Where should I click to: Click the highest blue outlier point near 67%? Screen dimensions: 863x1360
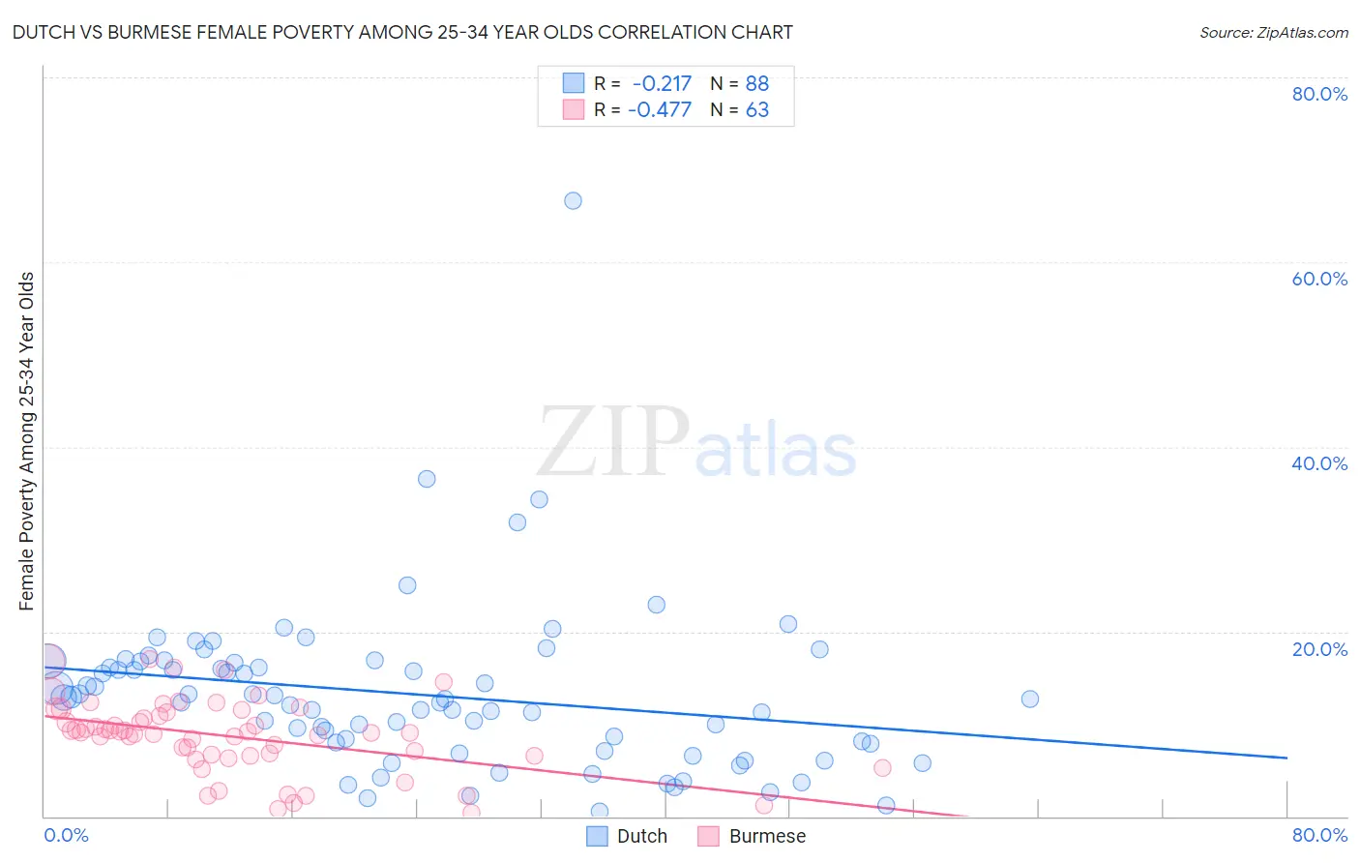573,201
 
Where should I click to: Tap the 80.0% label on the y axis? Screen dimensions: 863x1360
1319,94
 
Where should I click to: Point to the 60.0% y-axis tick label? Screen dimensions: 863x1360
1319,279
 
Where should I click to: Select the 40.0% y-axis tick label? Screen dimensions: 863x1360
1319,463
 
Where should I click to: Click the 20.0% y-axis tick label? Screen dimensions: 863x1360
1319,649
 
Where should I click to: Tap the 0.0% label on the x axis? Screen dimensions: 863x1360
66,835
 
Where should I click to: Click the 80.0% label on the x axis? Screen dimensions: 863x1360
1319,835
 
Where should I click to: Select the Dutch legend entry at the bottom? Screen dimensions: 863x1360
641,836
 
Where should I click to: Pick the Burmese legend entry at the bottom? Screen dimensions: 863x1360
766,836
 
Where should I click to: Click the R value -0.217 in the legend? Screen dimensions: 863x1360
662,84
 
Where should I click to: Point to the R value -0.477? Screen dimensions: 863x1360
660,110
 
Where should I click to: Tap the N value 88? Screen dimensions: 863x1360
756,84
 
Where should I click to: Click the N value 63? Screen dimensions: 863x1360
756,110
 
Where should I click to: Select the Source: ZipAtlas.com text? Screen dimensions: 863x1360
1273,33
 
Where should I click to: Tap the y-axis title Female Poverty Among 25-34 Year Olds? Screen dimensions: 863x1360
27,441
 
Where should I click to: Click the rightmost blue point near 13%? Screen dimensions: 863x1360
1030,699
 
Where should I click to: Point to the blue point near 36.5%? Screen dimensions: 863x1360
427,479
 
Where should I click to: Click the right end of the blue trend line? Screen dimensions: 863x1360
1286,758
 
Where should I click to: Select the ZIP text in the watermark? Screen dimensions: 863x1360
613,443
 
